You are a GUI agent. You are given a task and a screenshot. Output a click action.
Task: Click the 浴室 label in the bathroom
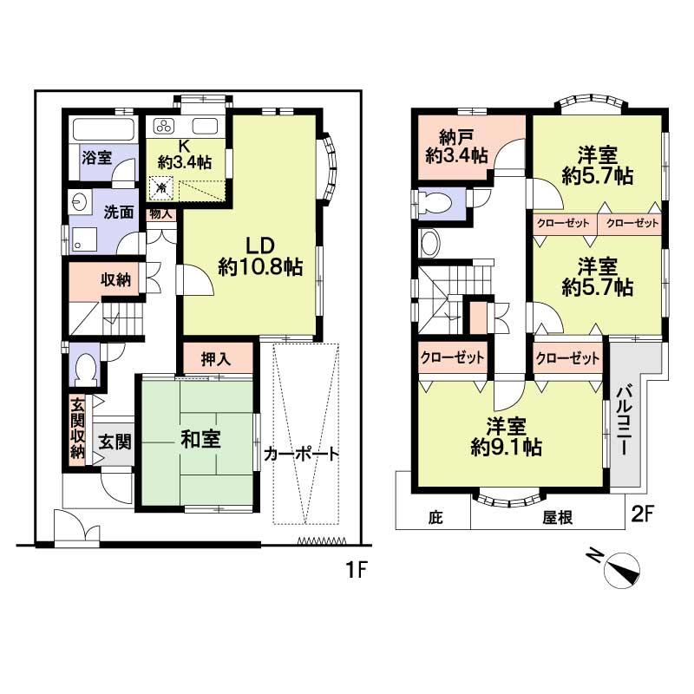coord(96,158)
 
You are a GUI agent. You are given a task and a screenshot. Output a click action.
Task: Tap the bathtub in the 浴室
coord(103,130)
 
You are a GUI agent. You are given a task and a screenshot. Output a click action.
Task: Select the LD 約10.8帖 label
coord(259,258)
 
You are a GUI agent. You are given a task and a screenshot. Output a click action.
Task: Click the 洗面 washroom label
coord(119,211)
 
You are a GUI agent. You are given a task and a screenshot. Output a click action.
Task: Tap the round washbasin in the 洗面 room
coord(80,201)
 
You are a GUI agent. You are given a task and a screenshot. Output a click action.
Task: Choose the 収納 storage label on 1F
coord(115,279)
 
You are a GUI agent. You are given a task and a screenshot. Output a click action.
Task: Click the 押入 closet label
coord(217,357)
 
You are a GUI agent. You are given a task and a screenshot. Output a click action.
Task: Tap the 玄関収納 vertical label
coord(77,430)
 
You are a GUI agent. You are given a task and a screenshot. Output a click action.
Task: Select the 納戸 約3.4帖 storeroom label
coord(456,144)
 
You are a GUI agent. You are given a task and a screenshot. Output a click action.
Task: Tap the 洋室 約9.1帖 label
coord(507,436)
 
